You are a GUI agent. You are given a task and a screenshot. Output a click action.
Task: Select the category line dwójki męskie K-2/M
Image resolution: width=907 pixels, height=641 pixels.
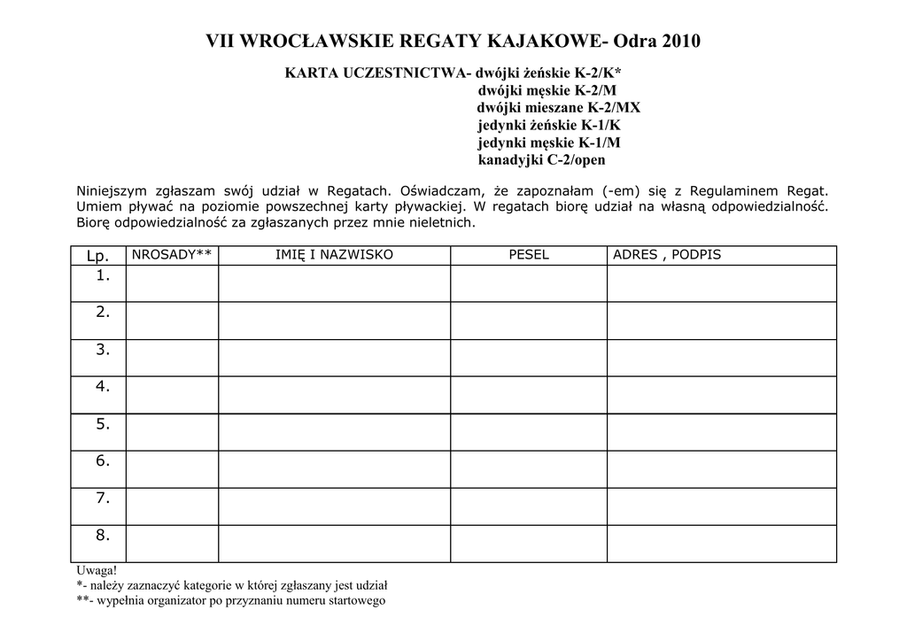548,90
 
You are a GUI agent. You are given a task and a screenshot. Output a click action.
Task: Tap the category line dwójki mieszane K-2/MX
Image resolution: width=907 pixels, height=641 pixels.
558,108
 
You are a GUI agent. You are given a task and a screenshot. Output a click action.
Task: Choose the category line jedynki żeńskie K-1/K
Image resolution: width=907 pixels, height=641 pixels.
549,125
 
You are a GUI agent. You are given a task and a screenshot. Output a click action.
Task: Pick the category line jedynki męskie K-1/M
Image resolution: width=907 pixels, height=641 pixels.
549,143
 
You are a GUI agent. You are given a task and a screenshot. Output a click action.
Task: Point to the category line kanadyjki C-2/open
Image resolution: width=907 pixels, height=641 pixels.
542,160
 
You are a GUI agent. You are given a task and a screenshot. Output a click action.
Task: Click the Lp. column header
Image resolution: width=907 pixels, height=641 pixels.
97,256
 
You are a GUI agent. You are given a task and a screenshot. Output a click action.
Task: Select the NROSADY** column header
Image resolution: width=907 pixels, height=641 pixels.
172,255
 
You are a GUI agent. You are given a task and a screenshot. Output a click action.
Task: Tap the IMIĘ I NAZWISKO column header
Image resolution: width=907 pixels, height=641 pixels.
334,255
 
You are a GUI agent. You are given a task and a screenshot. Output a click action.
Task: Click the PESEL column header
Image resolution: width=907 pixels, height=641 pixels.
529,255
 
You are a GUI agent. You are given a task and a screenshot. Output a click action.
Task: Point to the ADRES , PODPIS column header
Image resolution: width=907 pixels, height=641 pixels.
667,255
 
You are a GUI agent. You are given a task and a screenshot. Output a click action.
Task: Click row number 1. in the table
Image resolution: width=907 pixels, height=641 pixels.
103,275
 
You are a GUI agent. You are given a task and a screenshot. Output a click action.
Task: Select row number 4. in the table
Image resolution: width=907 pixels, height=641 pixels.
103,386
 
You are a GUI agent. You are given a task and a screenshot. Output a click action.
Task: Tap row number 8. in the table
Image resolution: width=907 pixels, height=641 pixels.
103,535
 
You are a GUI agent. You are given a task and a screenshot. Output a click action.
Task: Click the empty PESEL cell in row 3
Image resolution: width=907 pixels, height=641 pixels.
529,358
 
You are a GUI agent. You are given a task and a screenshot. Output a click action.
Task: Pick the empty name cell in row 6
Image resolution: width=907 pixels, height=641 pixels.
334,469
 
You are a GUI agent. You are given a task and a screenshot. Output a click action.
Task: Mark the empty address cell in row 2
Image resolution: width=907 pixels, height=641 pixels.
721,320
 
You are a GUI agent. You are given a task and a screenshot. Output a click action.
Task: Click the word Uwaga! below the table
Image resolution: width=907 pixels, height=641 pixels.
97,571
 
